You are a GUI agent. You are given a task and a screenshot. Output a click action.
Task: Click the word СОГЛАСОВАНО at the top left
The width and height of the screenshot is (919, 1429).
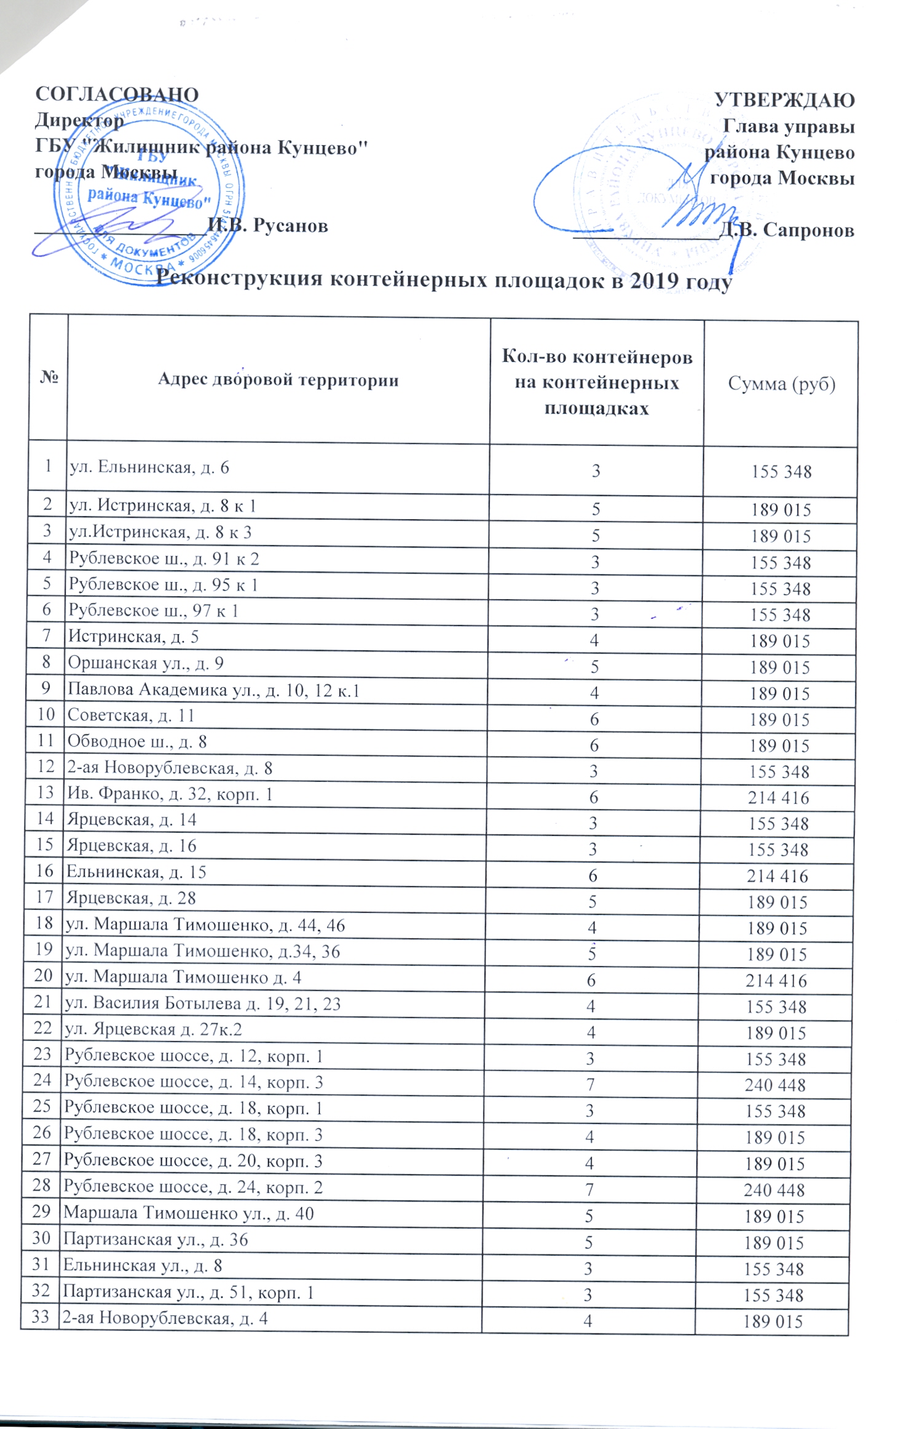click(117, 94)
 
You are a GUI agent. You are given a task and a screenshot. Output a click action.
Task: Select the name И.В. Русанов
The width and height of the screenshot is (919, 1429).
click(268, 226)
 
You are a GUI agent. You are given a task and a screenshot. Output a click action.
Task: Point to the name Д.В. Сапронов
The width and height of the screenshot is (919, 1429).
click(787, 230)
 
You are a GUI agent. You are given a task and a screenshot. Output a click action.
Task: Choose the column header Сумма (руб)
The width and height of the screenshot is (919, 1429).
click(781, 384)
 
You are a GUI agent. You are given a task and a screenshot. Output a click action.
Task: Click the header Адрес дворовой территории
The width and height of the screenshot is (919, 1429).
click(278, 380)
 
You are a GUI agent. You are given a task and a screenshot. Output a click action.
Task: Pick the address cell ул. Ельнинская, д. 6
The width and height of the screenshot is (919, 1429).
click(149, 468)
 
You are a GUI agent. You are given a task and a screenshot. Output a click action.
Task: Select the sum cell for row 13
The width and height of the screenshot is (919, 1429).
click(778, 798)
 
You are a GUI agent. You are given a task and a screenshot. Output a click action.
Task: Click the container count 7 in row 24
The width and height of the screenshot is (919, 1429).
click(591, 1085)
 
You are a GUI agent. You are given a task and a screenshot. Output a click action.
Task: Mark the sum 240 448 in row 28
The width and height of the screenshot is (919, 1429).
click(774, 1191)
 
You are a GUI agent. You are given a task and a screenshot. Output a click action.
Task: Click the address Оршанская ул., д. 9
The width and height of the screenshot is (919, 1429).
click(146, 663)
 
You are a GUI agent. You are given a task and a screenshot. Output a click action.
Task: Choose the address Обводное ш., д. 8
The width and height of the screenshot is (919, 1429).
click(137, 742)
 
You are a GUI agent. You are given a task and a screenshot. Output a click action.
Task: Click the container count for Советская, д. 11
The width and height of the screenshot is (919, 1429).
click(594, 719)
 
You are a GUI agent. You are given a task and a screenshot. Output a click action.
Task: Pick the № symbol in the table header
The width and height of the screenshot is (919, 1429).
click(49, 377)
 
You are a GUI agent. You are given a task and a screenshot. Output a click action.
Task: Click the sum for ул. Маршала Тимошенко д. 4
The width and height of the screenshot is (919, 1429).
click(776, 981)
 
